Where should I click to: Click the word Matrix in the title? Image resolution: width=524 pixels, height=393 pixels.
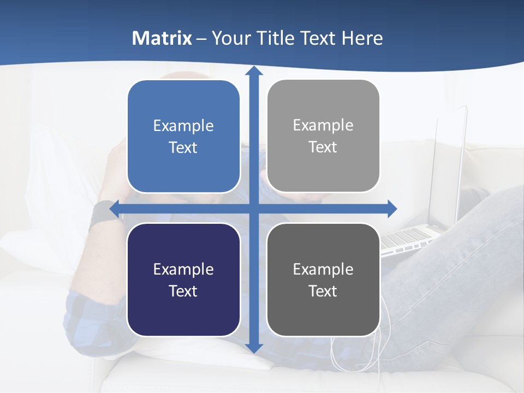coord(162,38)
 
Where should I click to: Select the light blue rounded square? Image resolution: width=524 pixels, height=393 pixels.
coord(183,136)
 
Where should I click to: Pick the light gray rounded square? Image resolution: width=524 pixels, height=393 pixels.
coord(323,136)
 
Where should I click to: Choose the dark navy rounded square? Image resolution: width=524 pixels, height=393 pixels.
coord(183,279)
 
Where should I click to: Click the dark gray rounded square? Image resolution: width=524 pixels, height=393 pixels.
coord(323,279)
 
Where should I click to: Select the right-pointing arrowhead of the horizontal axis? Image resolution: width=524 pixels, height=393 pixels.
coord(392,209)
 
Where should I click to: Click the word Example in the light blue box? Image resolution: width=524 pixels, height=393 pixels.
coord(183,126)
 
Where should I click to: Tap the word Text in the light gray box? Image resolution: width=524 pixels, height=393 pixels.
coord(323,147)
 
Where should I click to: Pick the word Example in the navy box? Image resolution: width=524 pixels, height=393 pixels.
coord(183,269)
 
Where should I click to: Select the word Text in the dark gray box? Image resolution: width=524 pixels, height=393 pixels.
coord(323,291)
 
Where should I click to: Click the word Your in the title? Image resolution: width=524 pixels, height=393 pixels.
coord(229,38)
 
